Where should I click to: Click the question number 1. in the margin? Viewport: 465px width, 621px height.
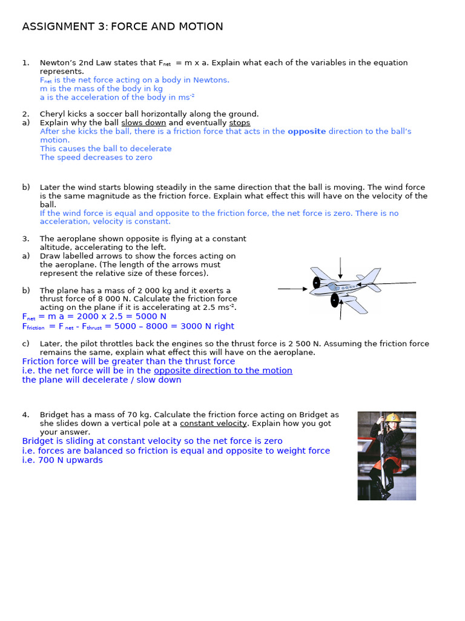click(25, 62)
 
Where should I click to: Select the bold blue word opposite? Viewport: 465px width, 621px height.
click(306, 131)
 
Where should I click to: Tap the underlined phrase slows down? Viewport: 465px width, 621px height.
click(143, 123)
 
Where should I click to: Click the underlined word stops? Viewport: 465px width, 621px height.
click(239, 123)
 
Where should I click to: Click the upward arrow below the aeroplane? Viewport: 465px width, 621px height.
click(341, 310)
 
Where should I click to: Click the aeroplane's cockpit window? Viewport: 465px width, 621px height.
click(332, 285)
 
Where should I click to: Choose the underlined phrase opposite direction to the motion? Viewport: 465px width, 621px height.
click(223, 371)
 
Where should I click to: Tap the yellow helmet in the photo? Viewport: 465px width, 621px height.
click(393, 418)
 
